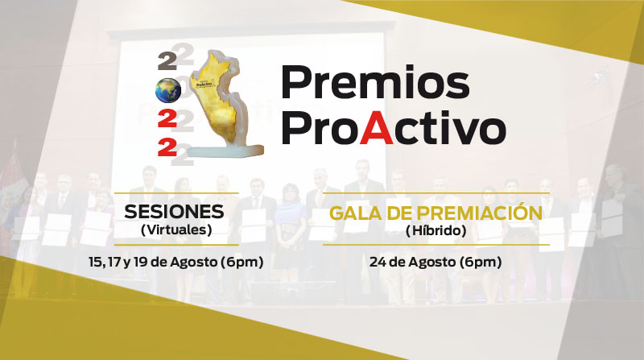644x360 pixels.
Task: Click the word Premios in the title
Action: click(375, 82)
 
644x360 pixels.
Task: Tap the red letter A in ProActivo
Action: click(376, 128)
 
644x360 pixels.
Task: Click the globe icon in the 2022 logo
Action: click(168, 90)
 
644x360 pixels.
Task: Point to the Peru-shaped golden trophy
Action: click(224, 103)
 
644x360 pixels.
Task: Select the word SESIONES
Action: click(174, 212)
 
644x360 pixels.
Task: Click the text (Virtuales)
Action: click(176, 230)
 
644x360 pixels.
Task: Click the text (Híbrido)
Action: click(436, 230)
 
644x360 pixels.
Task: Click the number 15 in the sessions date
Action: click(95, 262)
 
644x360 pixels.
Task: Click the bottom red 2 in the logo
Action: click(167, 147)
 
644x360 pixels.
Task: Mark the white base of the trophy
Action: click(225, 152)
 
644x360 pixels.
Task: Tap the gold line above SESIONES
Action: click(176, 192)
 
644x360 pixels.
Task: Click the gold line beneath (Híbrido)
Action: click(436, 245)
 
